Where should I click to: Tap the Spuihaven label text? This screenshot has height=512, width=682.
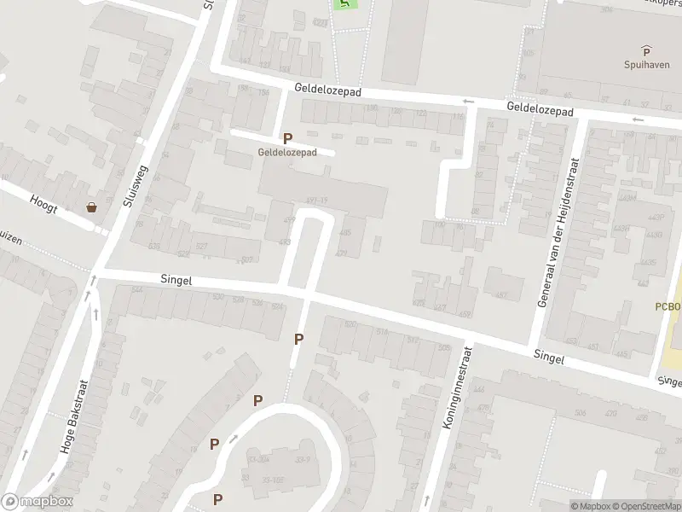[645, 64]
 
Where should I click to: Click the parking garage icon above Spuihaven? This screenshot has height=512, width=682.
[645, 50]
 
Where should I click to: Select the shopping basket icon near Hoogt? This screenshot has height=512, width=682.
[90, 207]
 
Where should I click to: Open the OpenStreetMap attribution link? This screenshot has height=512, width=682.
[646, 506]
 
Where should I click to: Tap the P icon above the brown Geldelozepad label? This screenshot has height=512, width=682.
[288, 138]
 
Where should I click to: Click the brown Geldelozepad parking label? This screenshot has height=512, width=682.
[288, 152]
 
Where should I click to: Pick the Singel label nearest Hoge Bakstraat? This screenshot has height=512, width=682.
[176, 280]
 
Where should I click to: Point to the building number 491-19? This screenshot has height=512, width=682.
[316, 201]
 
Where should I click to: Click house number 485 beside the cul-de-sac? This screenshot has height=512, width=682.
[345, 233]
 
